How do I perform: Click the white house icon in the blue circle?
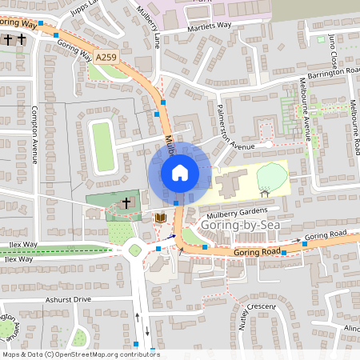coord(180,172)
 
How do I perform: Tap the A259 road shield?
coord(109,57)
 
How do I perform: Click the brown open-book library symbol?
coord(160,218)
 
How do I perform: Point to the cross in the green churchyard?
coord(126,204)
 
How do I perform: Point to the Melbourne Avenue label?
coord(306,108)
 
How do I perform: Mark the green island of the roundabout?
coord(135,250)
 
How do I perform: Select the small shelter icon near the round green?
coord(264,193)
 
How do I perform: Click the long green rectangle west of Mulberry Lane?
coord(102,146)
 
